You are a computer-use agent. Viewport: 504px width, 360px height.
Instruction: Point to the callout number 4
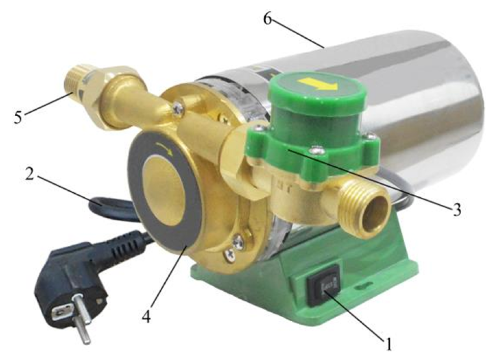[146, 316]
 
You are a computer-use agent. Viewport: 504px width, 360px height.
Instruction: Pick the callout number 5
[18, 117]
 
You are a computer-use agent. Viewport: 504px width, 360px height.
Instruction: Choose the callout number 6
[267, 19]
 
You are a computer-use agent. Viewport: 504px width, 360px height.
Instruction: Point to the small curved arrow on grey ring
[166, 149]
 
